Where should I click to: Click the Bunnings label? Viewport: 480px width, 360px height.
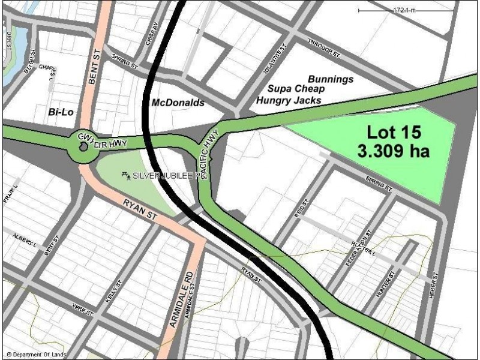(x=331, y=79)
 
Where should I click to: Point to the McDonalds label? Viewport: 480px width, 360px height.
(x=178, y=103)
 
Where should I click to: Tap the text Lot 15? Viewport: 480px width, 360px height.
(x=394, y=131)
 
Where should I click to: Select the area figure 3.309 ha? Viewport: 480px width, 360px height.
(x=394, y=151)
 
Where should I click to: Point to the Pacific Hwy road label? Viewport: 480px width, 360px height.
(x=209, y=153)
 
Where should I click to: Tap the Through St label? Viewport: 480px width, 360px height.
(x=323, y=49)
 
